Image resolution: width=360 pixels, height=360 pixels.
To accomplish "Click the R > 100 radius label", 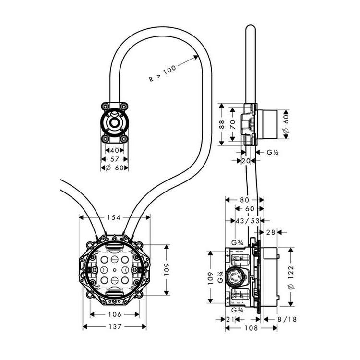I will (163, 72).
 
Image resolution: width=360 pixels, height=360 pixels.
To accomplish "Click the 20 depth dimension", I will (246, 161).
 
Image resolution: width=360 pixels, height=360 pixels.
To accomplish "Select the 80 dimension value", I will (244, 199).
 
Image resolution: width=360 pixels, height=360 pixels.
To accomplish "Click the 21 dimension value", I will (231, 319).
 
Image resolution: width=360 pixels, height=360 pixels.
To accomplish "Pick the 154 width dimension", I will (114, 217).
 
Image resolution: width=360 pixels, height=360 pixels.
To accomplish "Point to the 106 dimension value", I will (114, 314).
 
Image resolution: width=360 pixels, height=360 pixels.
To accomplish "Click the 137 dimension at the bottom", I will (114, 326).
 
